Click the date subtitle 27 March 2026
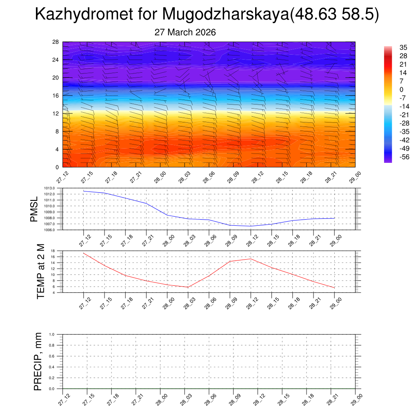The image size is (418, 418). tap(185, 32)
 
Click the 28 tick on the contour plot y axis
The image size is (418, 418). tap(56, 42)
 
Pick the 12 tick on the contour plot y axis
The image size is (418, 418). tap(56, 113)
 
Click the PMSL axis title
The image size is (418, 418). tap(33, 209)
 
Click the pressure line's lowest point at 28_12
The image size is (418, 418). tap(251, 226)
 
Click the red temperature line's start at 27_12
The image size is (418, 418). tap(84, 253)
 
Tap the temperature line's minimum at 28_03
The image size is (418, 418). tap(188, 287)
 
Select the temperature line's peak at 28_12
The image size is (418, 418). tap(251, 259)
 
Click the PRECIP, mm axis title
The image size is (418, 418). tap(38, 361)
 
